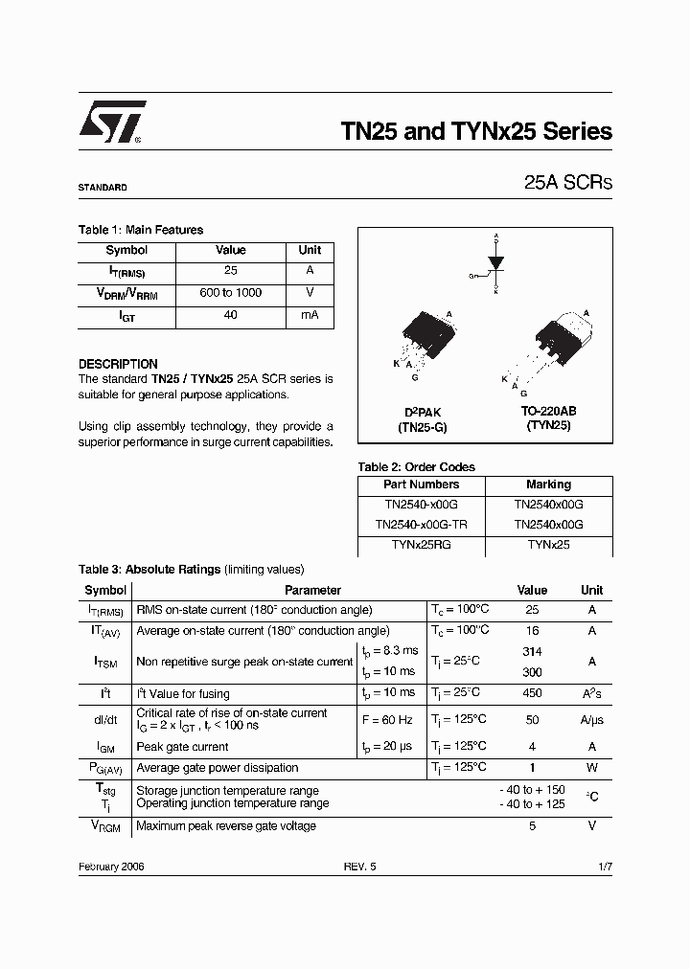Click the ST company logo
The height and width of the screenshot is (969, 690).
click(x=111, y=124)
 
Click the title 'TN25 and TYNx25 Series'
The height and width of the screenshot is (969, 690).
click(x=476, y=131)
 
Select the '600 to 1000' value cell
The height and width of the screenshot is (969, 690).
click(x=230, y=293)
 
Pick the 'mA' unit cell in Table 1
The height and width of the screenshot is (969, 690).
click(x=310, y=315)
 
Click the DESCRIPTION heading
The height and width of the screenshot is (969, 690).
click(x=118, y=364)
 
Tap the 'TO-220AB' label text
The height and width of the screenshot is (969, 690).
click(x=548, y=411)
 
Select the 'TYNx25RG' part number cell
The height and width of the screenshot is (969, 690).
click(x=421, y=544)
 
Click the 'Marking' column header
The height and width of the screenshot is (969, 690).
click(x=548, y=484)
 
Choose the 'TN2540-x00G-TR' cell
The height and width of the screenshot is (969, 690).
click(x=421, y=524)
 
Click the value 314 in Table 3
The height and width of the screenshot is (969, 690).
click(x=532, y=651)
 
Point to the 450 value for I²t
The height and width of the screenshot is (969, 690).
click(x=532, y=693)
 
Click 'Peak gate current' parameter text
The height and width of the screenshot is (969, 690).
click(x=183, y=747)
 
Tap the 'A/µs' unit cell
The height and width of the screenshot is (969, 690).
click(x=591, y=720)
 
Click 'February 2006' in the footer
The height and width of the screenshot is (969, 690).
click(x=111, y=866)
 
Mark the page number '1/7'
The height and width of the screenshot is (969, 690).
click(x=604, y=866)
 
